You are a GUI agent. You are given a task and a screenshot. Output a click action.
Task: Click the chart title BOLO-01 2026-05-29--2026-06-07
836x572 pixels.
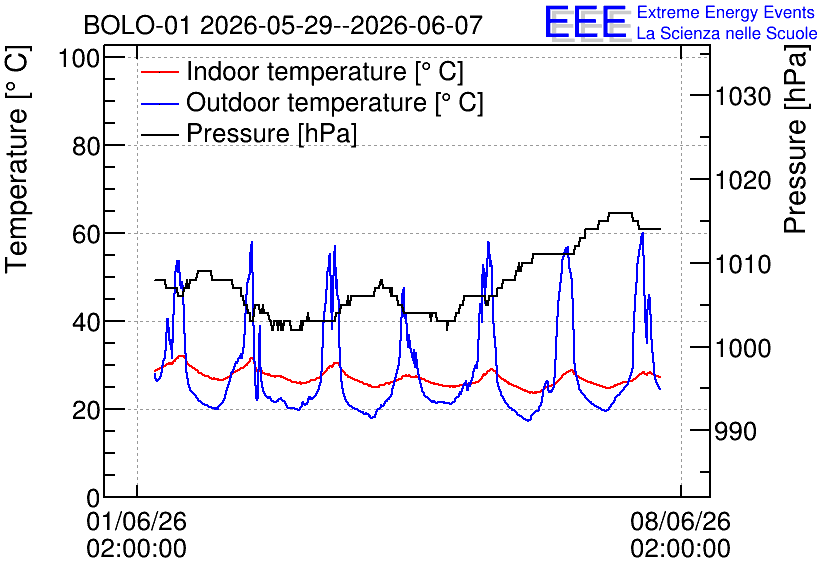[x=283, y=25]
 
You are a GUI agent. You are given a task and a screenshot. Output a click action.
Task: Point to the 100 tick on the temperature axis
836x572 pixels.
[x=79, y=58]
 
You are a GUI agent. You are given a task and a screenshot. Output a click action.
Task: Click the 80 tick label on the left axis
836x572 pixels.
[x=86, y=146]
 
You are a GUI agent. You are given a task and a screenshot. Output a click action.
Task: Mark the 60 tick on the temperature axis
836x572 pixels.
[x=86, y=233]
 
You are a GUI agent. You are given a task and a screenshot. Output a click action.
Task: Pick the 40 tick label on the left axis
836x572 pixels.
[x=86, y=321]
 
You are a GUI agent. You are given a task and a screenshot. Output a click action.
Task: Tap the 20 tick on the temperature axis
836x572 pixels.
[x=86, y=409]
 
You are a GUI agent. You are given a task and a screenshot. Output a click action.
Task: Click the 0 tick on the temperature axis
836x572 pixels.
[x=93, y=498]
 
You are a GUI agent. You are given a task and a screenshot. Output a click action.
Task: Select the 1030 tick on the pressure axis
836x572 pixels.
[x=743, y=96]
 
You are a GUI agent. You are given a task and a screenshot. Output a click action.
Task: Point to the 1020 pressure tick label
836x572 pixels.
[x=743, y=180]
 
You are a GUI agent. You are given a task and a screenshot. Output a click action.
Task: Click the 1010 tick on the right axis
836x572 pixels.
[x=743, y=264]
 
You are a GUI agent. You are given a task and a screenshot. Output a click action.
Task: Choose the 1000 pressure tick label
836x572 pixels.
[x=743, y=348]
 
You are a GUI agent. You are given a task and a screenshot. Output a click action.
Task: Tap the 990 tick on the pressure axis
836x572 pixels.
[x=736, y=431]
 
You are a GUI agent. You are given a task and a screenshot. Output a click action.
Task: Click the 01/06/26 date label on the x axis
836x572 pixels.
[x=136, y=521]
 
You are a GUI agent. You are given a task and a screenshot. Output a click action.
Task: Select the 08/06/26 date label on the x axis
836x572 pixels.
[x=680, y=521]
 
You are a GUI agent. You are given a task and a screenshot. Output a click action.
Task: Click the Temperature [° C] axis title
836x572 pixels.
[x=17, y=159]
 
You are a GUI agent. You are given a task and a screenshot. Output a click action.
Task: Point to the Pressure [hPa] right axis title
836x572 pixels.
[x=797, y=139]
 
